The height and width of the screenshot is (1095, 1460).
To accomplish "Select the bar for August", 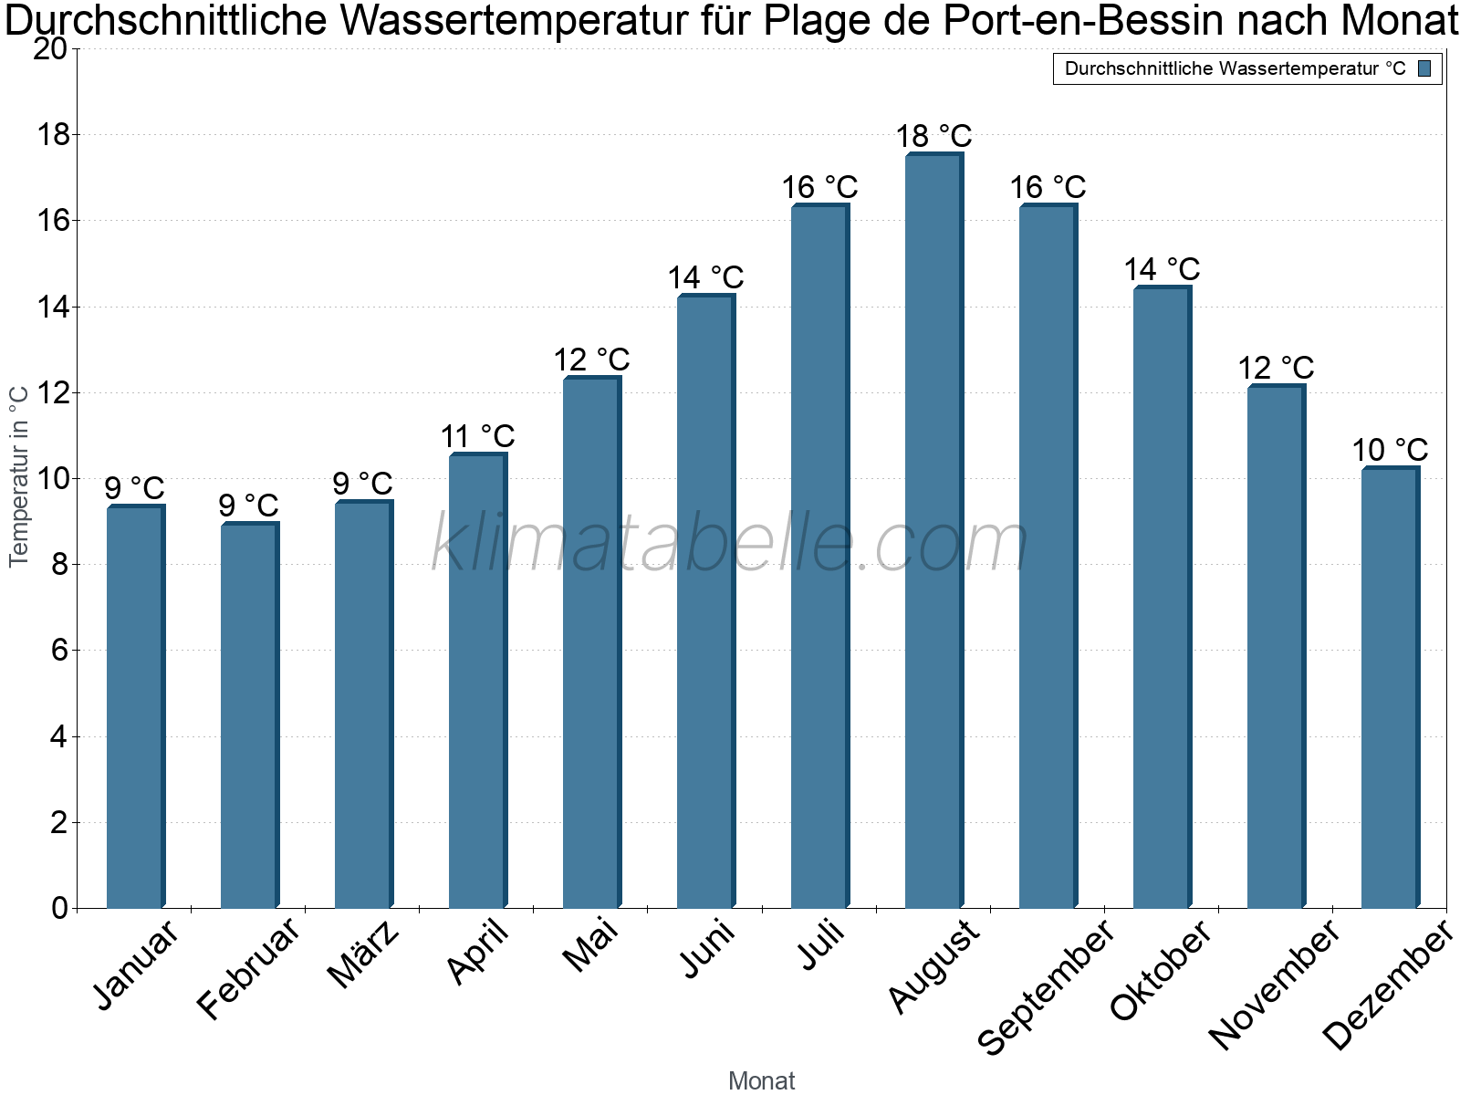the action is pos(933,530).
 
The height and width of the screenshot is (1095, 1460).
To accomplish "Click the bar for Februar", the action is pos(250,714).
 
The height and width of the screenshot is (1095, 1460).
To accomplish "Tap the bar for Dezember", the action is pos(1390,687).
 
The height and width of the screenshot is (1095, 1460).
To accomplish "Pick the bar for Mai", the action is pos(592,641).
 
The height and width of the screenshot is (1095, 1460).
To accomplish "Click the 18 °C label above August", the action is pos(933,136).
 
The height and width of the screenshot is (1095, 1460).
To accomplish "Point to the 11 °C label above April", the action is pos(477,437).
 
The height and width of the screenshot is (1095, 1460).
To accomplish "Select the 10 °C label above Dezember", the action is pos(1390,450).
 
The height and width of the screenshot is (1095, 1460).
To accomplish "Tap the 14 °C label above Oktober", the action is pos(1162,270).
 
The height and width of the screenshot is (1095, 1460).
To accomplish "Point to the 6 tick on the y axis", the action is pos(60,650).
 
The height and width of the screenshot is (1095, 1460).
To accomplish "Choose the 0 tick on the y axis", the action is pos(60,908).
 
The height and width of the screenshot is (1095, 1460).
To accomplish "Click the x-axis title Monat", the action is pos(762,1080).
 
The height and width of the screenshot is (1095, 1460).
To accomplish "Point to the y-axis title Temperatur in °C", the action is pos(19,476).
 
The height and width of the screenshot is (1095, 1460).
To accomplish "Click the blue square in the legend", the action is pos(1424,68).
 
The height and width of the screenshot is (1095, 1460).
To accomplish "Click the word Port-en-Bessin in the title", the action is pos(1083,20).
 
